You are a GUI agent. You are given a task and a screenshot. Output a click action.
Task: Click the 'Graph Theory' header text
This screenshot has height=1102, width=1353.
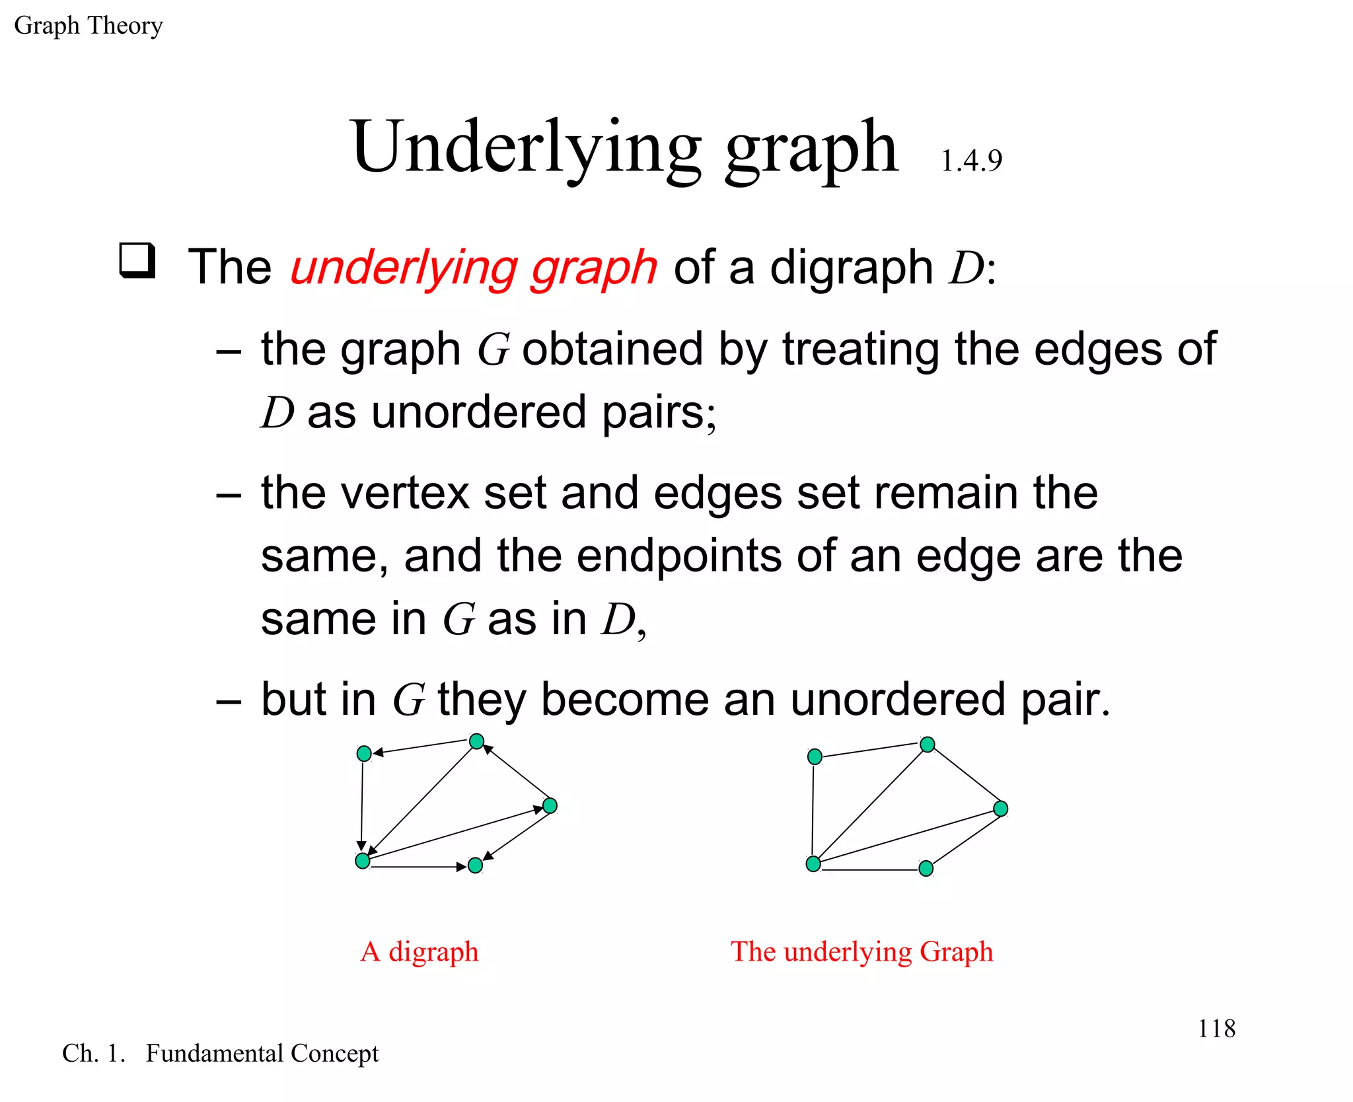[x=88, y=26]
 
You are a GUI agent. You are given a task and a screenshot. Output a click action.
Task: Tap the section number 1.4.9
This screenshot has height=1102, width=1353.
[x=970, y=161]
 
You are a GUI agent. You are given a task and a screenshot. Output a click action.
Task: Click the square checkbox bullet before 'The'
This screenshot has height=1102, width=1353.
[x=137, y=261]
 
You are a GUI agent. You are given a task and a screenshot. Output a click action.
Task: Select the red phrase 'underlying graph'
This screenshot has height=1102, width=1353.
[x=473, y=268]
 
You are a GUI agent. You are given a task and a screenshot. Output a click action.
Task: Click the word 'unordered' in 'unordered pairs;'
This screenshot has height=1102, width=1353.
[x=478, y=412]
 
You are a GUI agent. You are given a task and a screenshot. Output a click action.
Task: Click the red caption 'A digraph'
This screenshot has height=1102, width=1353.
[x=420, y=952]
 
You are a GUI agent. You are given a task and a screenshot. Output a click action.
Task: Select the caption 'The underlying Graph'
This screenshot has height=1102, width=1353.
[x=861, y=952]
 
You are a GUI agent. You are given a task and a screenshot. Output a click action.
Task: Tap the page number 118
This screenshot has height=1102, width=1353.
[x=1216, y=1029]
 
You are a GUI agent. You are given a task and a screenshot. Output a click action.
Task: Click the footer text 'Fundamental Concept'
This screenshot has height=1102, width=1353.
[x=262, y=1053]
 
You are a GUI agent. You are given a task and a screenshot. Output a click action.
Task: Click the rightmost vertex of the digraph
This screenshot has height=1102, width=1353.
[x=550, y=805]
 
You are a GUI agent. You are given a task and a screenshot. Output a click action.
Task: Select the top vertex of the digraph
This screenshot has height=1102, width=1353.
[x=476, y=741]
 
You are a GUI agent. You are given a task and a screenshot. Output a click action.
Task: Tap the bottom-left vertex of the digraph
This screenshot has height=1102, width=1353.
[x=363, y=860]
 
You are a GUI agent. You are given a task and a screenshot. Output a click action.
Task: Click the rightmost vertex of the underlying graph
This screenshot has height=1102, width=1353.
[x=1000, y=809]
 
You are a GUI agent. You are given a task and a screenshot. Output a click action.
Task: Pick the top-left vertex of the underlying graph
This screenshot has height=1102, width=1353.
[x=815, y=756]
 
